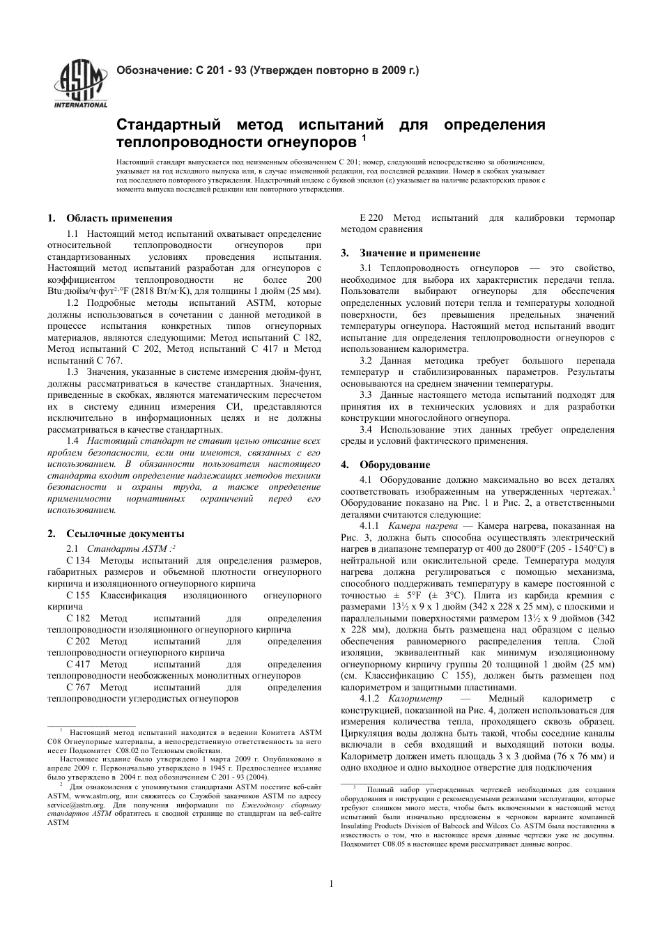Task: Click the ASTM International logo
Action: (x=81, y=84)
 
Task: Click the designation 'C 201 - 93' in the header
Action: (x=221, y=70)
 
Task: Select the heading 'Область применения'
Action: (x=119, y=218)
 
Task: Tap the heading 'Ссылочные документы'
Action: (x=125, y=534)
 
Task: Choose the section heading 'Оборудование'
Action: (x=394, y=465)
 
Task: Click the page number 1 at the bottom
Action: (x=331, y=884)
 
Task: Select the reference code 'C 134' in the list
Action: (x=78, y=561)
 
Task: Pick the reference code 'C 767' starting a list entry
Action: (x=78, y=687)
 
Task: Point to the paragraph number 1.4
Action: (x=72, y=441)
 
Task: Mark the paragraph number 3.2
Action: (x=366, y=361)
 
